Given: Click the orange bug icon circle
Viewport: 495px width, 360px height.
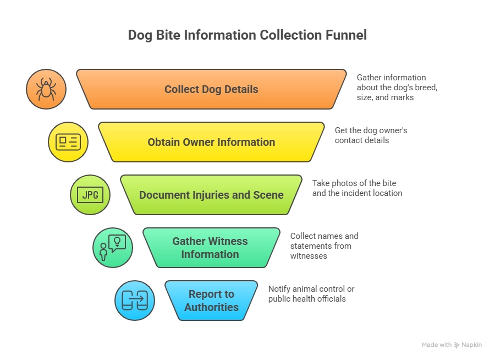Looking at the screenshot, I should click(x=46, y=89).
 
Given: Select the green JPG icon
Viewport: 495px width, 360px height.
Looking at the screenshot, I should click(x=90, y=195).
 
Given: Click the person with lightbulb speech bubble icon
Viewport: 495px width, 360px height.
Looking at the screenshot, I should click(x=113, y=248).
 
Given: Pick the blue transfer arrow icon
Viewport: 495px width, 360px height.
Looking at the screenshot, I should click(x=135, y=301).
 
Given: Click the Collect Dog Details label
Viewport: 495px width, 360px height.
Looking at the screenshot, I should click(x=211, y=89).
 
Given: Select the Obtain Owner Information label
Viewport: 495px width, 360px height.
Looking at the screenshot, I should click(x=211, y=142).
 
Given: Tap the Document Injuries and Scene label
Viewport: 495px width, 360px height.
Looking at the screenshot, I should click(x=211, y=195).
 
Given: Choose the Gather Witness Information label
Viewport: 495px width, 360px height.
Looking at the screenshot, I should click(x=210, y=248).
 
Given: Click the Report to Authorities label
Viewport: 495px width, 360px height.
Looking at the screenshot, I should click(x=211, y=301).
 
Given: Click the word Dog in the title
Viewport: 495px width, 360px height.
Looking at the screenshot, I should click(x=141, y=35).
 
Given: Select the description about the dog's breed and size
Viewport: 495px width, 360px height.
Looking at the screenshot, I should click(x=397, y=88).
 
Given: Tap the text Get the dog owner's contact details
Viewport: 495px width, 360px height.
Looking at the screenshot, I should click(x=371, y=135).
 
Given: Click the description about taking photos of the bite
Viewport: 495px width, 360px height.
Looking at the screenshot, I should click(x=357, y=188).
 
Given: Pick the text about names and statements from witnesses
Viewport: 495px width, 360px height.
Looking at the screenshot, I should click(x=324, y=246).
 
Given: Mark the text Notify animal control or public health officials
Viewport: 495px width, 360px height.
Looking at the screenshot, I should click(x=311, y=294).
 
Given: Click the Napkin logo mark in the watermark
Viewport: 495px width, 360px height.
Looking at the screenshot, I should click(x=457, y=345).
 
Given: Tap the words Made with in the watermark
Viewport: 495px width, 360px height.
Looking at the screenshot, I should click(x=437, y=345).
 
